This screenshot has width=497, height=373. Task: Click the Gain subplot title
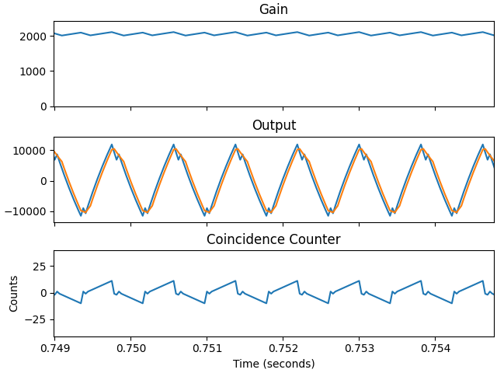273,10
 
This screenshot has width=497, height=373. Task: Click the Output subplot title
273,125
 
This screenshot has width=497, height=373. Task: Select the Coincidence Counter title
273,239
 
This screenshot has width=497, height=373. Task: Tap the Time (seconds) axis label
273,364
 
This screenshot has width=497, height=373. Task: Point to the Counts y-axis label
14,293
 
